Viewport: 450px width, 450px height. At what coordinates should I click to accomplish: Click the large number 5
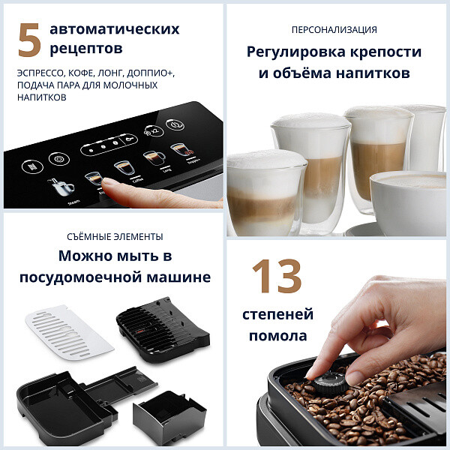28,39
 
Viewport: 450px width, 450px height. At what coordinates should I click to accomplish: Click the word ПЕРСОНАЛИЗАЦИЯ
334,30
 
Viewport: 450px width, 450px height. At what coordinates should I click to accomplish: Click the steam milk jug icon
59,186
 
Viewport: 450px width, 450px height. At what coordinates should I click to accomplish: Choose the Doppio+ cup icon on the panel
178,150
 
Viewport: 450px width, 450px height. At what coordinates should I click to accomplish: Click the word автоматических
114,30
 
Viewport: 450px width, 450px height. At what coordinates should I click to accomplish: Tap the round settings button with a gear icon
55,159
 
